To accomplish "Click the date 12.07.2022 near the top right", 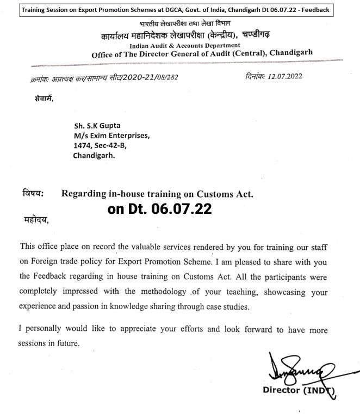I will (289, 78).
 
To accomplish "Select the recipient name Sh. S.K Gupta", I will (96, 126).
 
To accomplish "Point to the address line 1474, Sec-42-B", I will (100, 145).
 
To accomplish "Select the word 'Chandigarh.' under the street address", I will (95, 155).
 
